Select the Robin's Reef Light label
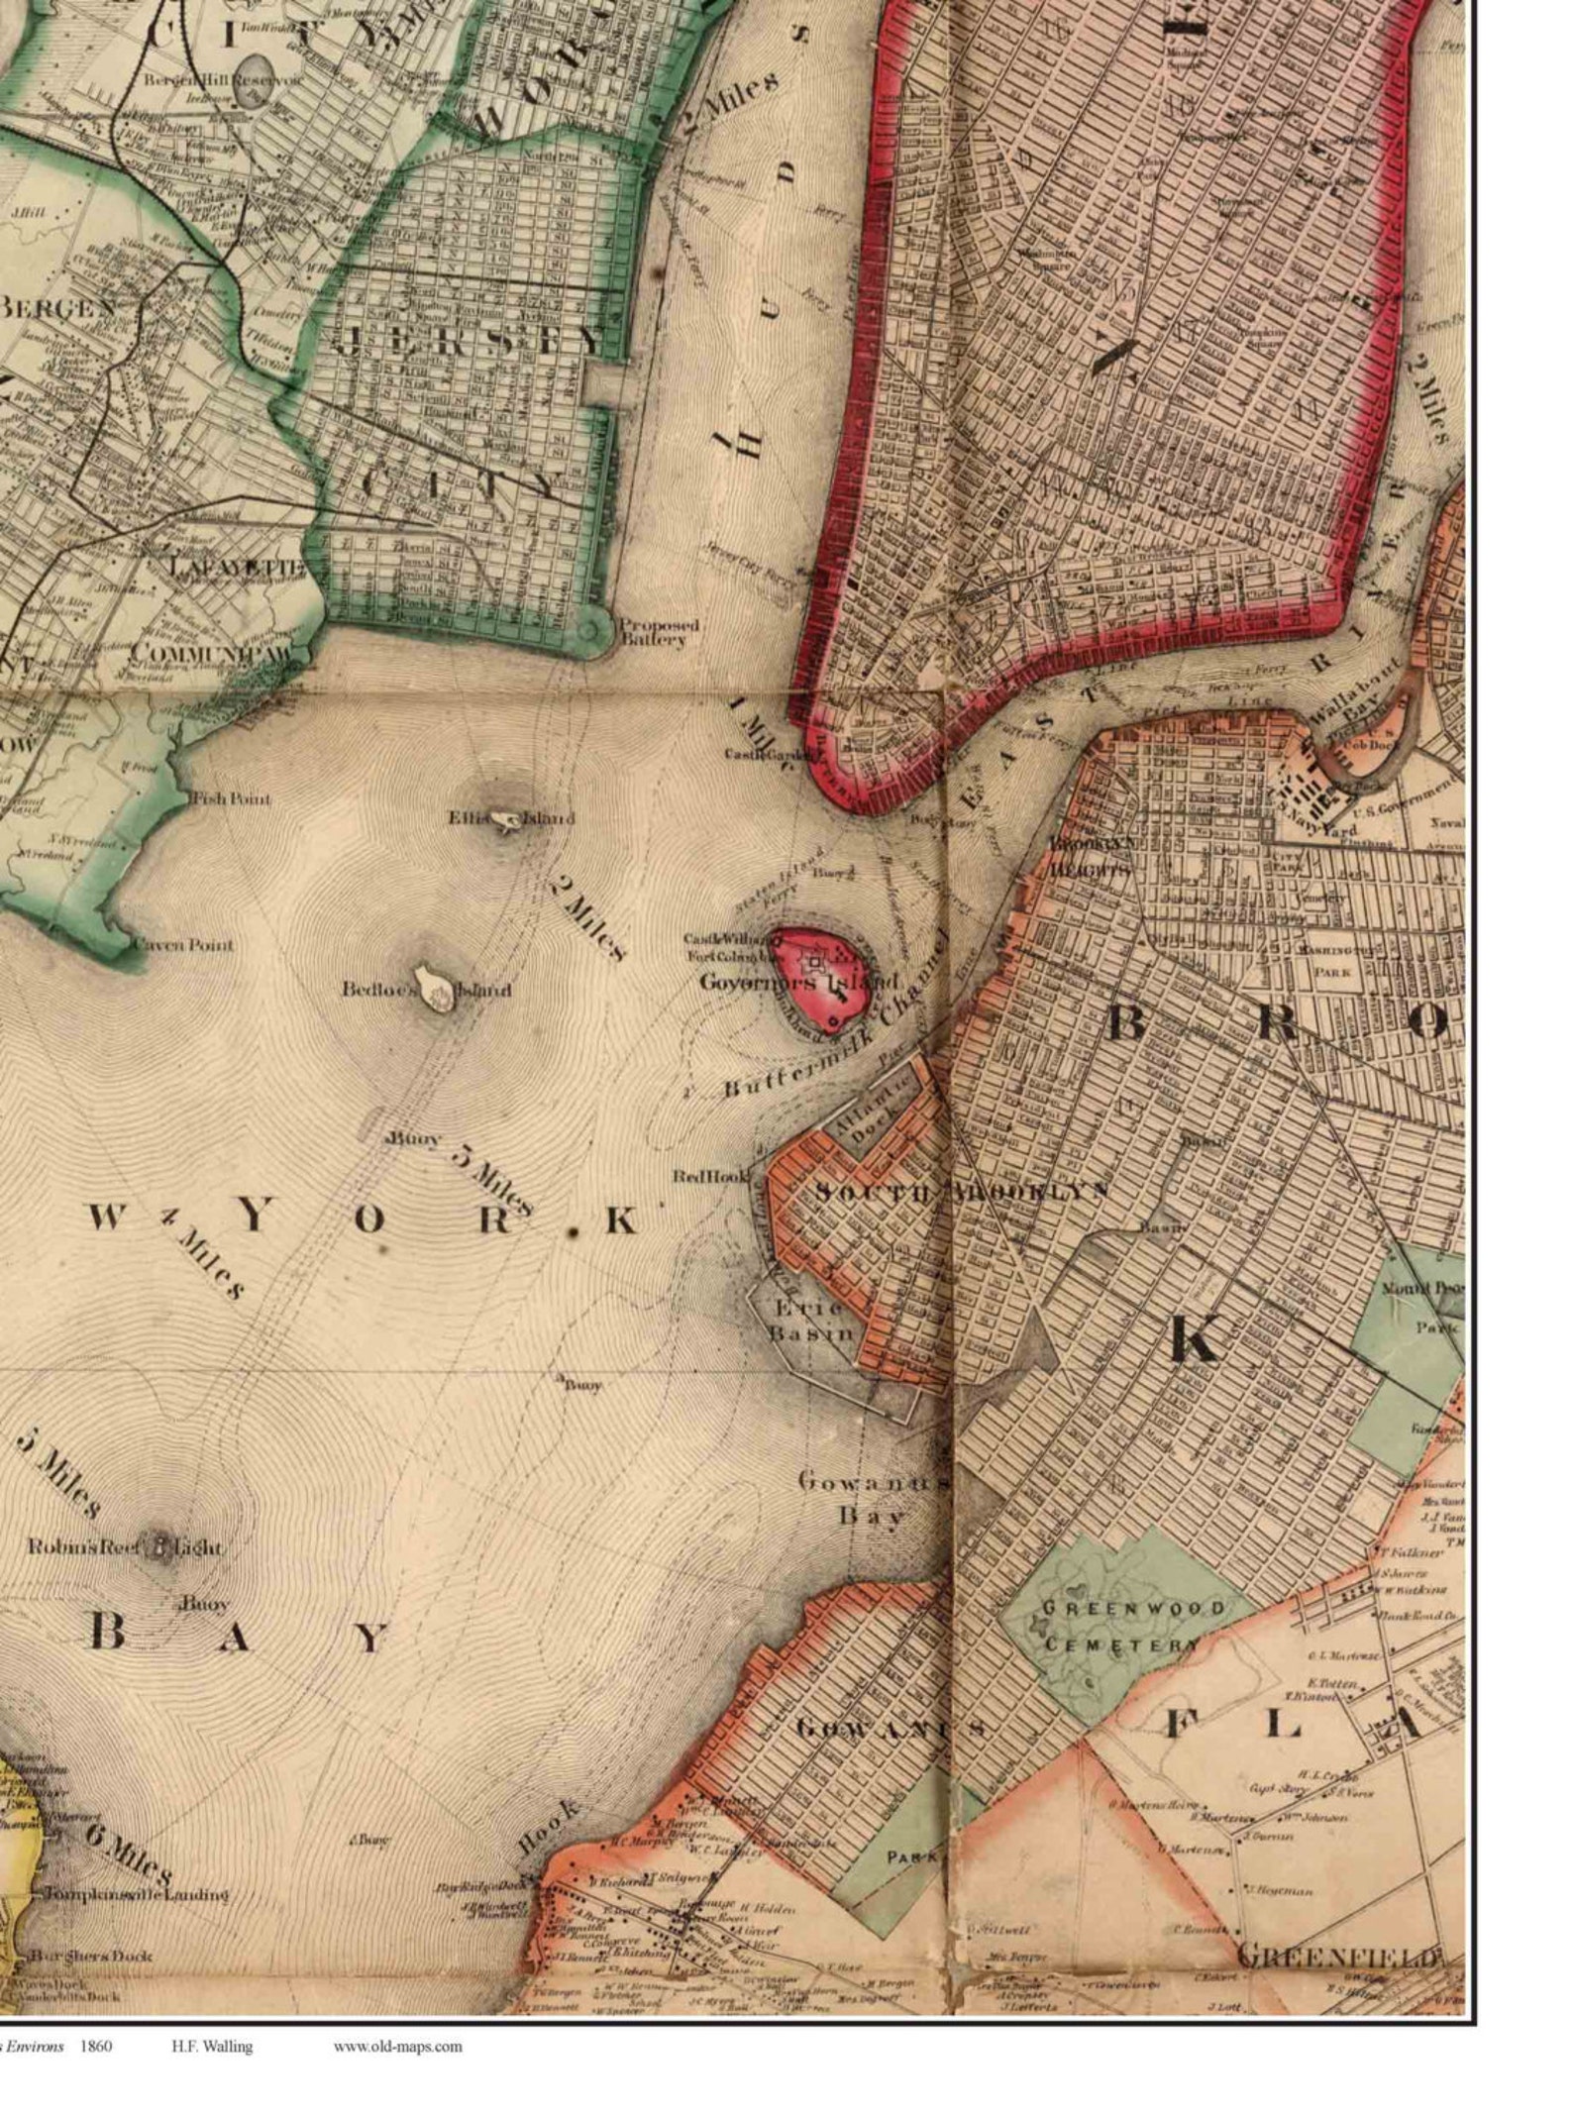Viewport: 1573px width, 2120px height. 125,1546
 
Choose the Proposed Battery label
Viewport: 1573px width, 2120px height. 653,632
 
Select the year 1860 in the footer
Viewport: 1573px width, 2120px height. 96,2045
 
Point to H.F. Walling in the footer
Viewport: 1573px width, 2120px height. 211,2045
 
